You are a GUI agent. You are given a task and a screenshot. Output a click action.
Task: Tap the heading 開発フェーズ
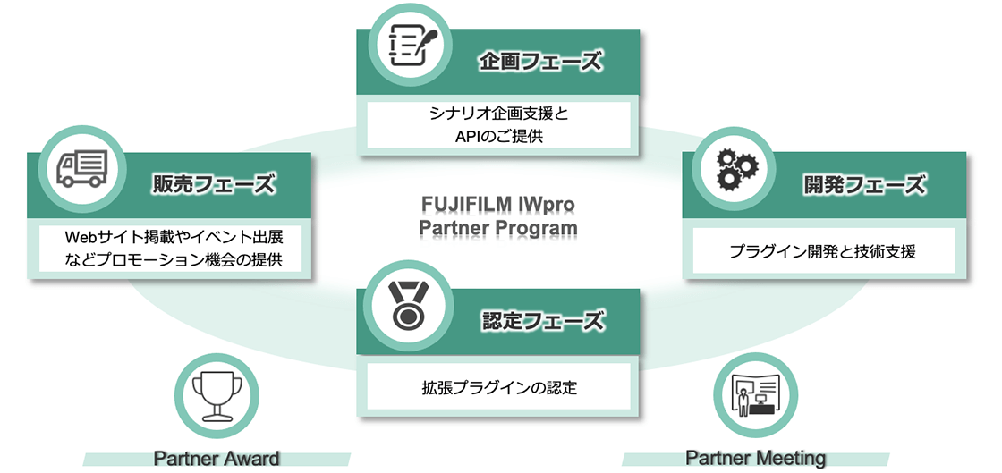(862, 185)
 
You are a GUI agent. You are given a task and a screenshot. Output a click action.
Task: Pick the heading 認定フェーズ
(541, 321)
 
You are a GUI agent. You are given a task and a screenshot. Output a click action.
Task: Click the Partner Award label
(217, 459)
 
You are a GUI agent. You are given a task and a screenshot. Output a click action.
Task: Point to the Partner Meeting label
(755, 458)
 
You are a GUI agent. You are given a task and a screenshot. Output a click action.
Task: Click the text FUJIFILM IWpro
(498, 204)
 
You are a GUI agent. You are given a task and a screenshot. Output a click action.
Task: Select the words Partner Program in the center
(498, 229)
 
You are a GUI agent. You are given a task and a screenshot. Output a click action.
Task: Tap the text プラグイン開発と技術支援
(822, 251)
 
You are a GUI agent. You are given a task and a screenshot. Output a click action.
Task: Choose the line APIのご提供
(498, 137)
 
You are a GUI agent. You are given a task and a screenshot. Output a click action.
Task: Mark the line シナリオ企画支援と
(498, 114)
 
